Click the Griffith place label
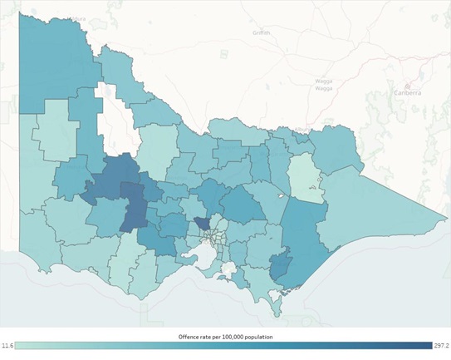point(262,32)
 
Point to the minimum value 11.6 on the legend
point(9,345)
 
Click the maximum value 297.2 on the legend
point(441,345)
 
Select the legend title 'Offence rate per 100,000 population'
point(225,336)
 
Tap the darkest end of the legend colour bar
point(426,345)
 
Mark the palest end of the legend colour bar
point(23,345)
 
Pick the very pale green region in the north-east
point(303,174)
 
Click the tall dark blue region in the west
point(132,208)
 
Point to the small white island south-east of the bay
point(229,269)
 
